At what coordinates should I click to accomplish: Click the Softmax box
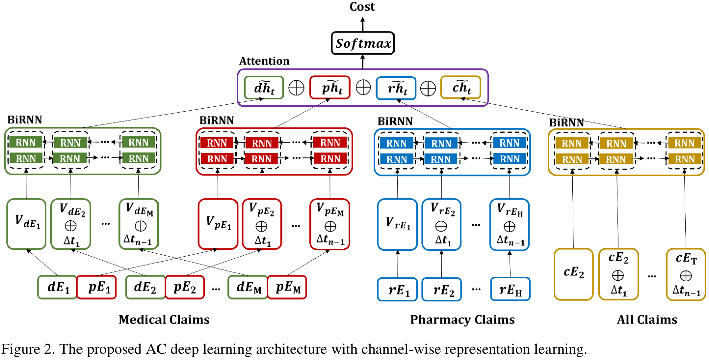pos(362,44)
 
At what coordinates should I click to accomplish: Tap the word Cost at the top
pos(362,7)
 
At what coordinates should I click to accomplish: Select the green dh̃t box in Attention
pos(264,87)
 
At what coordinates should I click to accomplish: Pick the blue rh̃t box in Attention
pos(397,87)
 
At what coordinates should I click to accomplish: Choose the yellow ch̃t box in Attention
pos(460,87)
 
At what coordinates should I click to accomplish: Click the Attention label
pos(264,61)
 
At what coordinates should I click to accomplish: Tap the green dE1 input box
pos(57,287)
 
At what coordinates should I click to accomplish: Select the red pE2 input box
pos(185,287)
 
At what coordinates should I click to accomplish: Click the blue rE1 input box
pos(398,289)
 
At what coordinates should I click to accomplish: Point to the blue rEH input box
pos(510,289)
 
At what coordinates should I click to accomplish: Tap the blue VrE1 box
pos(398,224)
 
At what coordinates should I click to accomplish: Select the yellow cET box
pos(686,274)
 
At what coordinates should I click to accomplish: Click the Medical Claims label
pos(164,320)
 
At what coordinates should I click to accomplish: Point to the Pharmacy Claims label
pos(462,320)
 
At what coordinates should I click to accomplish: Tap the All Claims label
pos(647,320)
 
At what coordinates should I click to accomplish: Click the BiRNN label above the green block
pos(24,121)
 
